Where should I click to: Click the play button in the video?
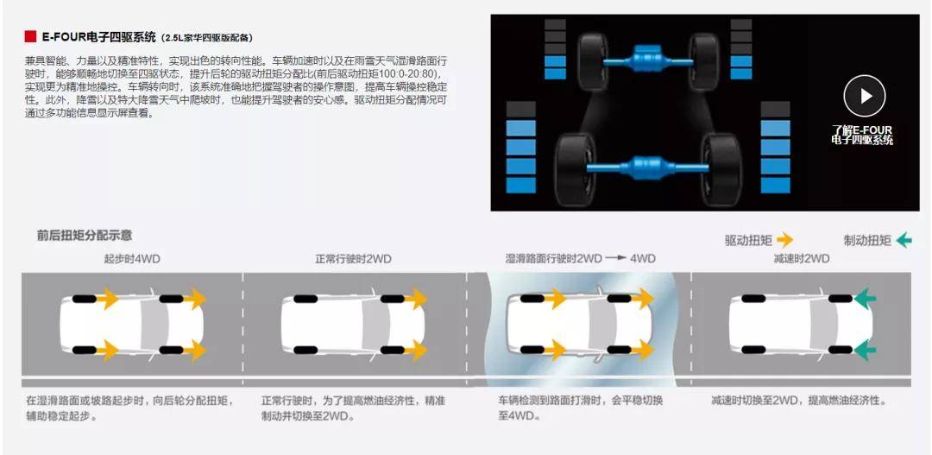tap(864, 96)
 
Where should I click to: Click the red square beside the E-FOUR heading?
tap(30, 37)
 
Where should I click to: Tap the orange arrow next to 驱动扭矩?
tap(784, 240)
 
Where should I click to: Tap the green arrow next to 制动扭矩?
tap(904, 240)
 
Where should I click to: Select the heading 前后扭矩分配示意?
tap(84, 236)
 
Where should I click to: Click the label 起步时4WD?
tap(132, 259)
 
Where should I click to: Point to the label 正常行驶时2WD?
tap(353, 259)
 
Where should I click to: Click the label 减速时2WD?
tap(801, 259)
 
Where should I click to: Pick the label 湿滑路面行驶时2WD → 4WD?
tap(580, 259)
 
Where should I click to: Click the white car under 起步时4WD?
tap(132, 324)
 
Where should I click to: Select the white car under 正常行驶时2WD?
tap(354, 324)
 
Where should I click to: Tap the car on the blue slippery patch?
tap(580, 324)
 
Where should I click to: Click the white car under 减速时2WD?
tap(801, 324)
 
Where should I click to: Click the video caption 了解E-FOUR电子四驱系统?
tap(862, 135)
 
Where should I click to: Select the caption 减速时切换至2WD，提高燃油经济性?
tap(799, 401)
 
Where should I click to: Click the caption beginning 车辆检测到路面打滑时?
tap(580, 408)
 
